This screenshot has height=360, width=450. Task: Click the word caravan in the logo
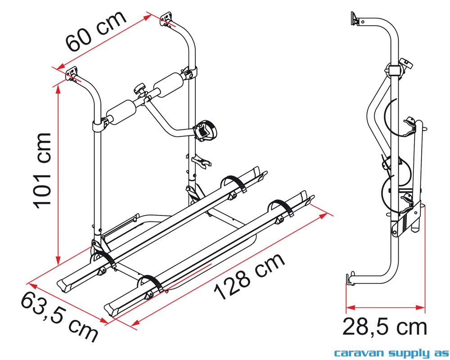[360, 352]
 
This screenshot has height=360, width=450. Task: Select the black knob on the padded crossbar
[140, 88]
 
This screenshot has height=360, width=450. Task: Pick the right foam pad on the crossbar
[168, 85]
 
